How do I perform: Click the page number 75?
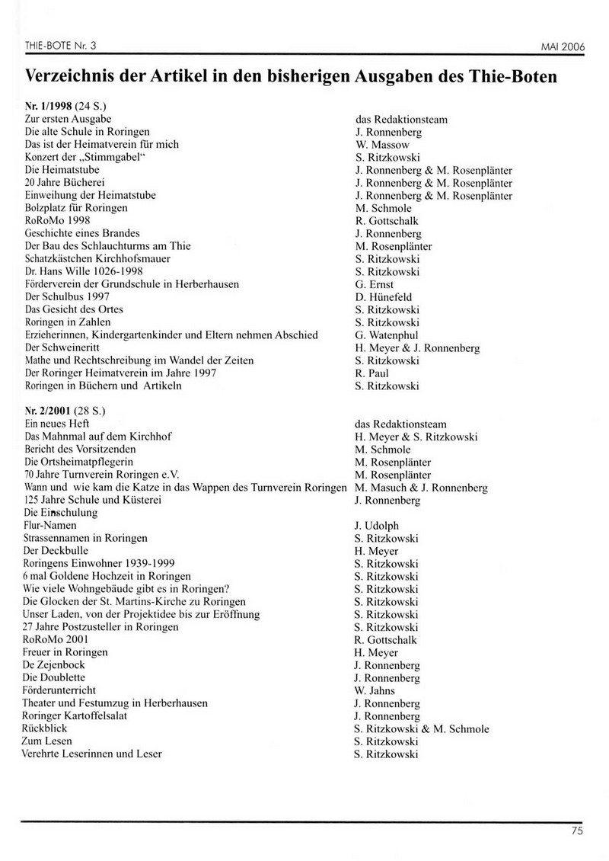[576, 831]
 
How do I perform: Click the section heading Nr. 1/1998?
[50, 107]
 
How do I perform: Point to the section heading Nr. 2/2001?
[50, 411]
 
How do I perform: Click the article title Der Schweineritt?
[59, 347]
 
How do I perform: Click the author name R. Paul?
[372, 373]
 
